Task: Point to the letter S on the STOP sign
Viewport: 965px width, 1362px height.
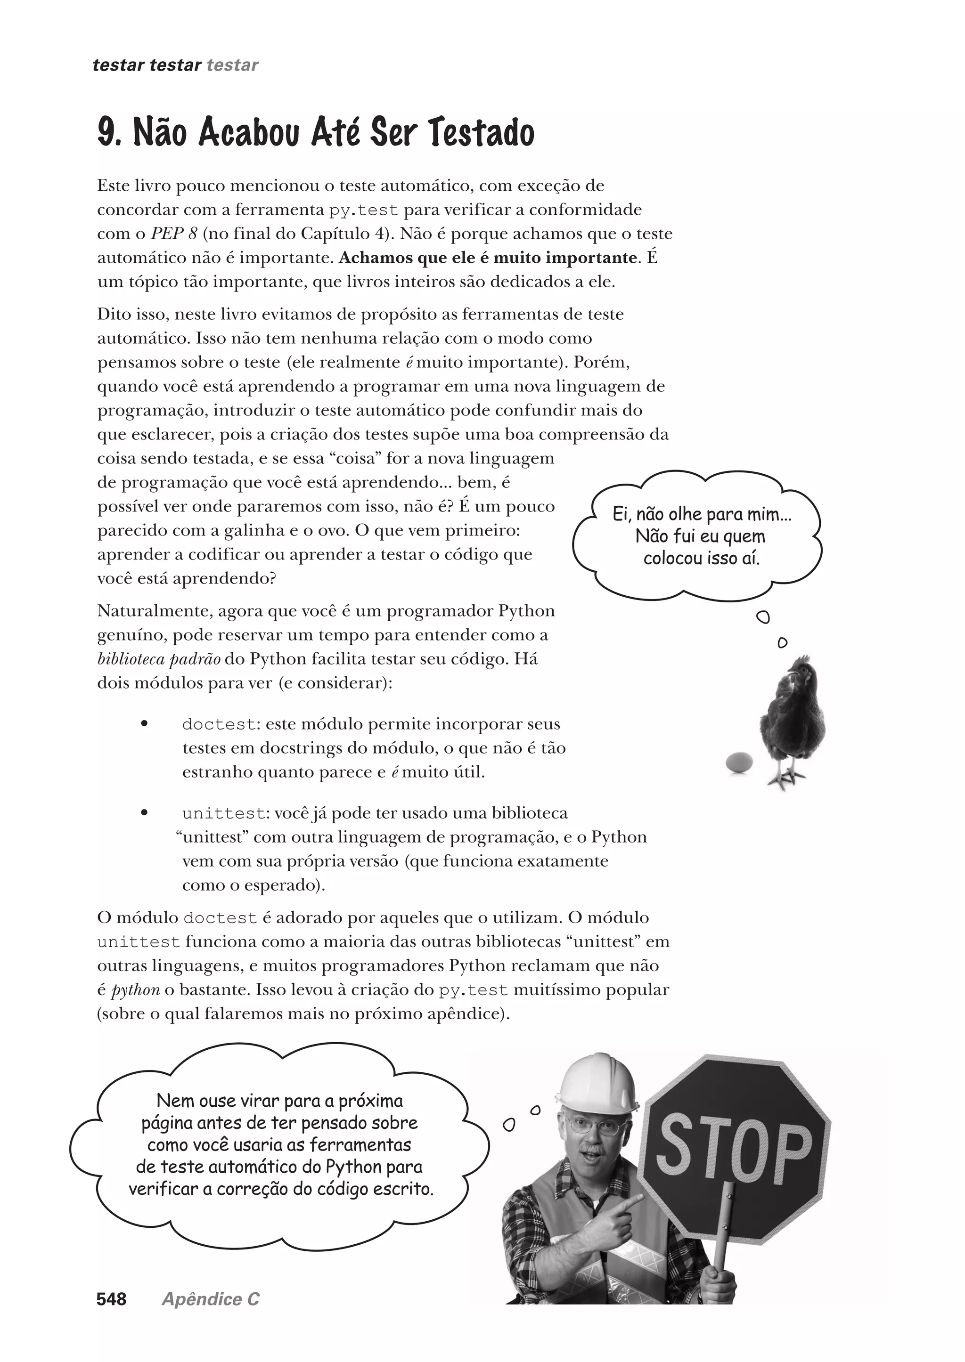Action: [x=678, y=1149]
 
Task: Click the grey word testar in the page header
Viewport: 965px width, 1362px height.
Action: [x=232, y=65]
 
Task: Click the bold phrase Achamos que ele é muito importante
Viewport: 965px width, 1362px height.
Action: [x=487, y=258]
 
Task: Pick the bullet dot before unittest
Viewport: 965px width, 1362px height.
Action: [x=144, y=813]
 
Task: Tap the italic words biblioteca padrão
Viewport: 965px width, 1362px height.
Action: [x=159, y=659]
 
